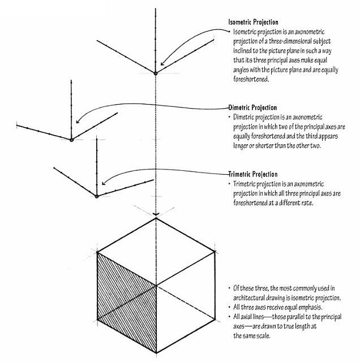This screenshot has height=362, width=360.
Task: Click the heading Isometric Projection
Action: coord(253,21)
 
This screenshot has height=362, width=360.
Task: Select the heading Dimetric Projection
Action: coord(252,107)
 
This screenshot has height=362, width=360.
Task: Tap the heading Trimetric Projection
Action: coord(253,174)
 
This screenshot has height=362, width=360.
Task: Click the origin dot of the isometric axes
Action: coord(156,72)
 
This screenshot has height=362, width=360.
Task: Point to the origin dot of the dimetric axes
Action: coord(71,139)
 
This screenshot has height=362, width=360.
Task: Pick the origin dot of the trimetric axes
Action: coord(97,196)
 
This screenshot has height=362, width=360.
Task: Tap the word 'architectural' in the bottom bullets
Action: coord(252,298)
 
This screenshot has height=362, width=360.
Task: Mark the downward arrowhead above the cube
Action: coord(156,214)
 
